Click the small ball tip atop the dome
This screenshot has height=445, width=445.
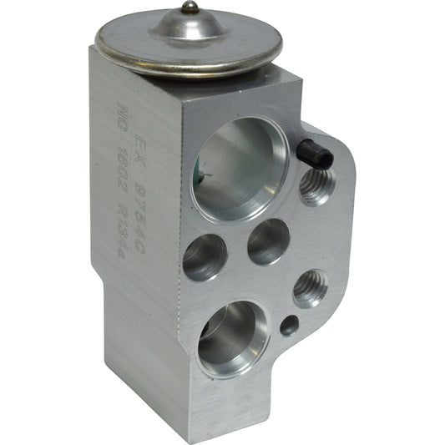190,8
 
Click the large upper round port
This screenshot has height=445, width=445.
240,166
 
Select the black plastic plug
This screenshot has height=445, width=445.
314,153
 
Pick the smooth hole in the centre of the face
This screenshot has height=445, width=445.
268,241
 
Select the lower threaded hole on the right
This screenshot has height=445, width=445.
310,289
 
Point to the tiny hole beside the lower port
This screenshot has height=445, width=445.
289,326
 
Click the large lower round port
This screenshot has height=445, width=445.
233,337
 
